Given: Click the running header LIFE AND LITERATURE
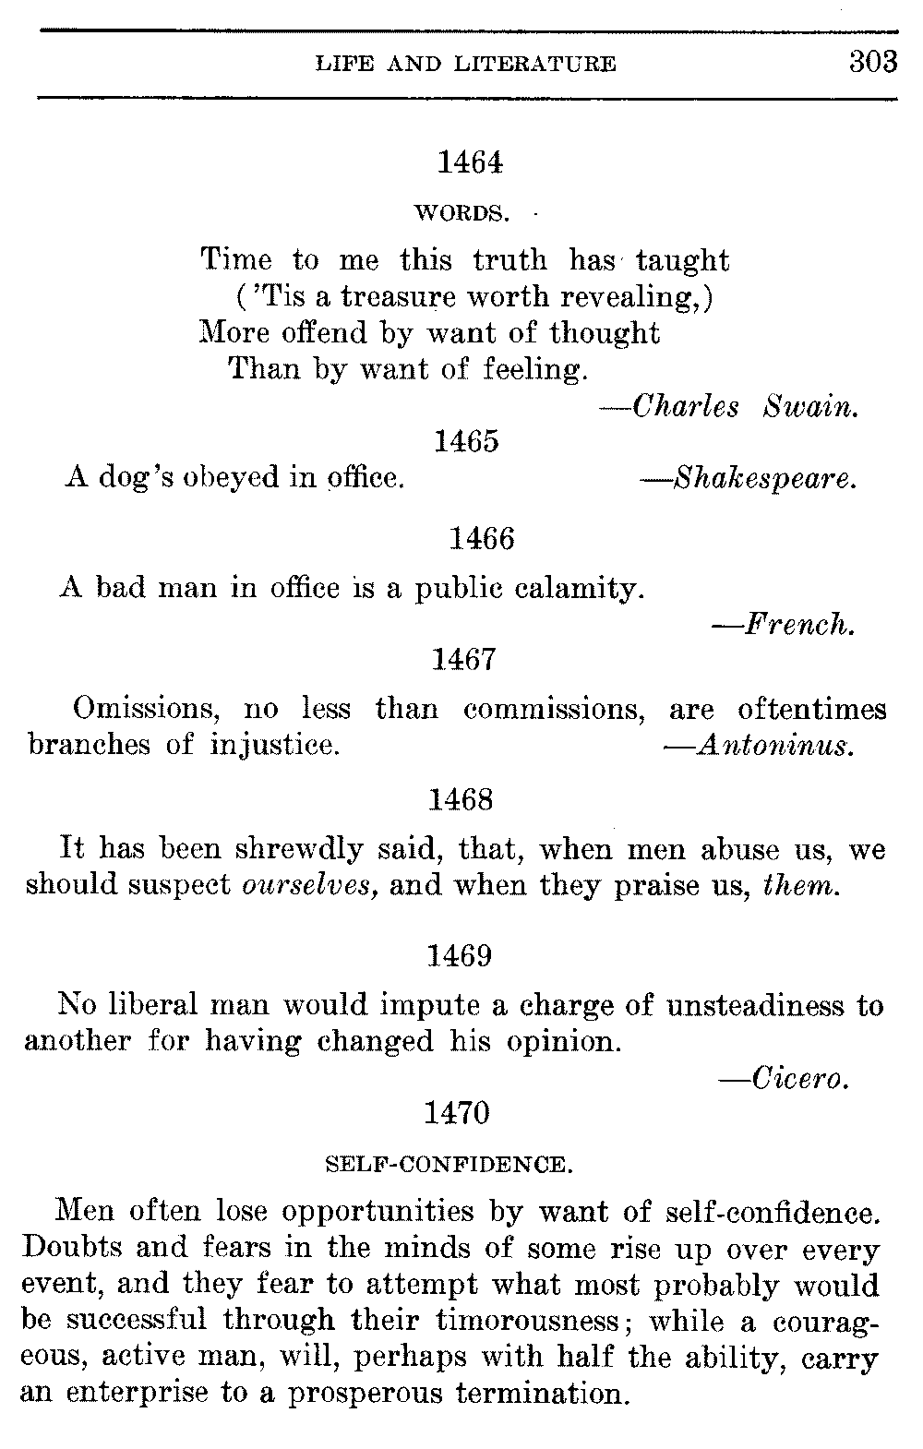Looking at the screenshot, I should coord(465,65).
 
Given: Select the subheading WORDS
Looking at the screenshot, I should coord(461,214).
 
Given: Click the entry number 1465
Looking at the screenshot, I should coord(466,441).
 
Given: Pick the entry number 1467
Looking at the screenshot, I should coord(464,659).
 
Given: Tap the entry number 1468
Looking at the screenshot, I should coord(461,799).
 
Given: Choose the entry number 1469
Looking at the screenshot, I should coord(460,955).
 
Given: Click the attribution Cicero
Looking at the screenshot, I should coord(799,1077).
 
